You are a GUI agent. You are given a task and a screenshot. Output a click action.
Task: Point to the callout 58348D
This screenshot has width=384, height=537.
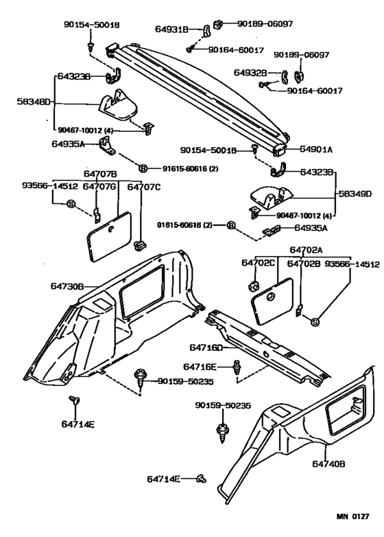(x=34, y=101)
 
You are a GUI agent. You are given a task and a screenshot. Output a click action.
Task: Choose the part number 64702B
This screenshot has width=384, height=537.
(x=303, y=263)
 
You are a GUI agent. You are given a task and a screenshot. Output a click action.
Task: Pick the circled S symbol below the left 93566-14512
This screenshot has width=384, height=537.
(x=70, y=203)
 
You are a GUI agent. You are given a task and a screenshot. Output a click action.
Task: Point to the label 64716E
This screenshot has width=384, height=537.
(x=200, y=367)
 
